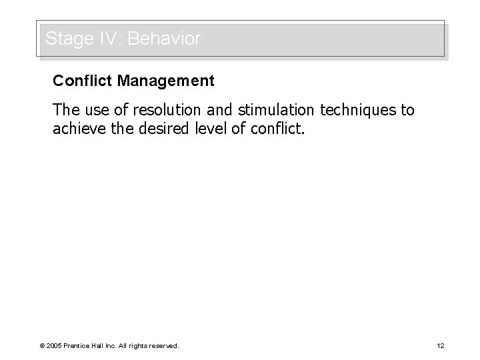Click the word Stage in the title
(65, 39)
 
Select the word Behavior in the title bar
(163, 39)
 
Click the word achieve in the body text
(76, 128)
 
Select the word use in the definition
(96, 110)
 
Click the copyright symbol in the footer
(42, 345)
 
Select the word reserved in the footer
(163, 345)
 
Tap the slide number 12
(440, 345)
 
